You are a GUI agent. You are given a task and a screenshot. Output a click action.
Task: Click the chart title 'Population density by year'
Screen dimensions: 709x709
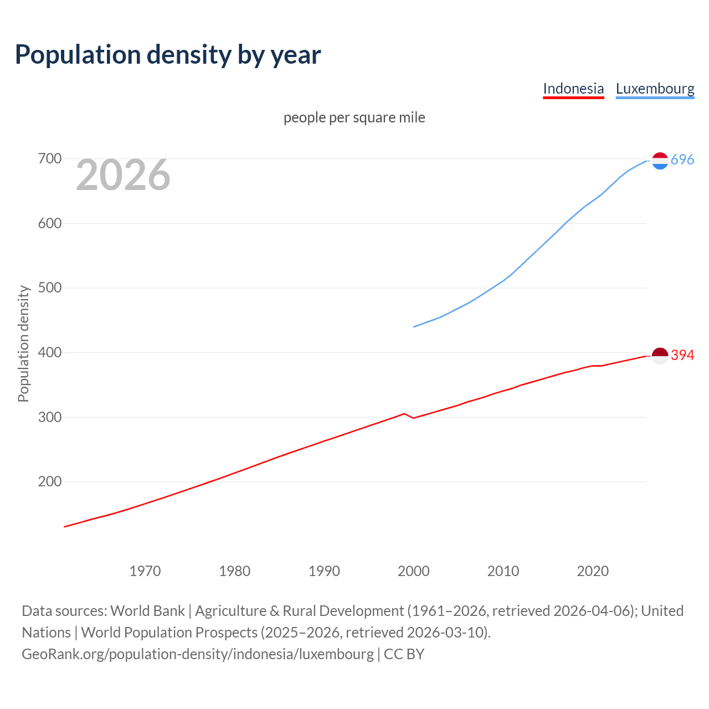168,55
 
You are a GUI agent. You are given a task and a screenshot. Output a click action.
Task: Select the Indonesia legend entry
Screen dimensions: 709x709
573,89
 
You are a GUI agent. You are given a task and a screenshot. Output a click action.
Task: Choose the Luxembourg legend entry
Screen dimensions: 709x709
655,89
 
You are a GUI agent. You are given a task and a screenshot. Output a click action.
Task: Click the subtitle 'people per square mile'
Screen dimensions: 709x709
354,117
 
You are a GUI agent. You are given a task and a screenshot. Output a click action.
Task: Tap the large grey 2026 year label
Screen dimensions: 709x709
123,175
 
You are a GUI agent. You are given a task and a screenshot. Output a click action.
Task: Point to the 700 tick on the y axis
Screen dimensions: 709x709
49,159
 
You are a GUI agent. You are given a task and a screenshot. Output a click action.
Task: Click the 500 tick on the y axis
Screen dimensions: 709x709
49,288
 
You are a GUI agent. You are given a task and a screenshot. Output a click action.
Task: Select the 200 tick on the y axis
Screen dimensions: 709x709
49,482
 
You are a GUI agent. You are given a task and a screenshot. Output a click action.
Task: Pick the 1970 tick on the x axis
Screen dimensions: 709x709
145,571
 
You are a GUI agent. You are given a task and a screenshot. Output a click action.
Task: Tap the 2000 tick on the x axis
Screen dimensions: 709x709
413,571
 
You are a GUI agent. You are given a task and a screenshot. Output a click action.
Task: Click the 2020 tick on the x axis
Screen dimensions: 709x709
593,571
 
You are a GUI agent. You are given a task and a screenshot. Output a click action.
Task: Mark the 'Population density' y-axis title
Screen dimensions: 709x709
23,343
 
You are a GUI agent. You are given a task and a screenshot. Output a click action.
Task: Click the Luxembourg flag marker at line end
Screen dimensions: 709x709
660,161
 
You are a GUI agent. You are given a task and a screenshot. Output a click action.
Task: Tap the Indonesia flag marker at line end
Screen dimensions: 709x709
660,356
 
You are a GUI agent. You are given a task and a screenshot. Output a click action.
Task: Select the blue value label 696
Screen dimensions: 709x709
682,160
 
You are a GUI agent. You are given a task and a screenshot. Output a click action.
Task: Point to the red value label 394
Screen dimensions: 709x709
682,356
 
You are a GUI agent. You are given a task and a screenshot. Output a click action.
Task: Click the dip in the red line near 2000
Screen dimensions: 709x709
413,418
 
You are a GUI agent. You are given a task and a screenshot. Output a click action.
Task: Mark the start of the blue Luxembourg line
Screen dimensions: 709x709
414,327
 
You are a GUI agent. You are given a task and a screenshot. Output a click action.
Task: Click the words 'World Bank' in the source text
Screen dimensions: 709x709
147,611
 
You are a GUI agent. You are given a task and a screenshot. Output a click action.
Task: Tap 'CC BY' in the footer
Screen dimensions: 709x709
404,654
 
